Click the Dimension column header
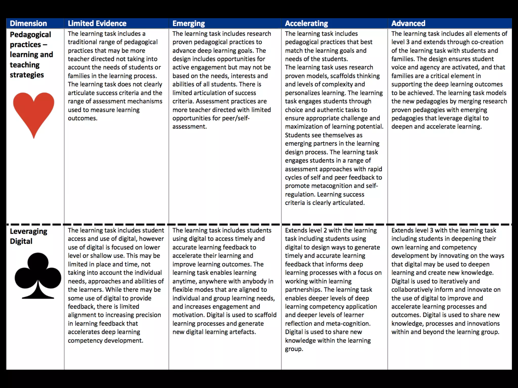click(x=28, y=23)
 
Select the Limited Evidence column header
click(x=97, y=23)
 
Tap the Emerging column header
click(x=188, y=23)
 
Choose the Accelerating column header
click(x=306, y=23)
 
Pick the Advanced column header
click(x=408, y=23)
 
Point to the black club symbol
click(x=38, y=275)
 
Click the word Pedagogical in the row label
click(x=30, y=35)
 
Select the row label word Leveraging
click(x=29, y=231)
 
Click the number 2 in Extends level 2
click(x=323, y=230)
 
